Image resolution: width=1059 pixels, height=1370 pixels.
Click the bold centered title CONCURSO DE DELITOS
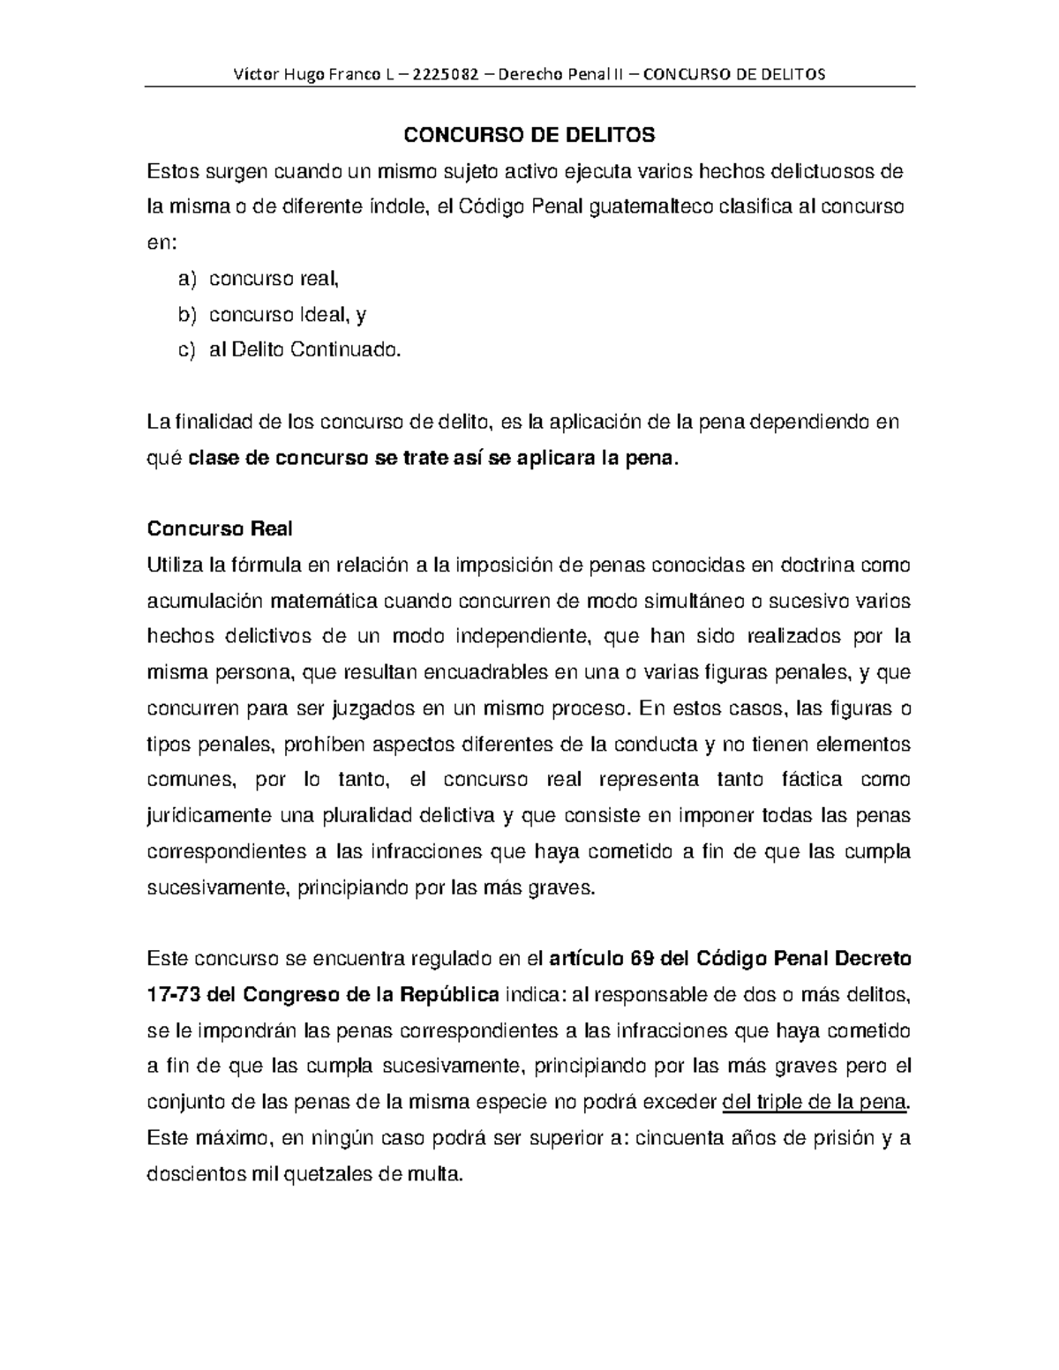529,135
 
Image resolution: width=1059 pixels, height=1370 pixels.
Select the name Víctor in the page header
253,73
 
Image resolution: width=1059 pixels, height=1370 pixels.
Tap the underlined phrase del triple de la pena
814,1102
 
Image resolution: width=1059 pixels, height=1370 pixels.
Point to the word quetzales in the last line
327,1174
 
